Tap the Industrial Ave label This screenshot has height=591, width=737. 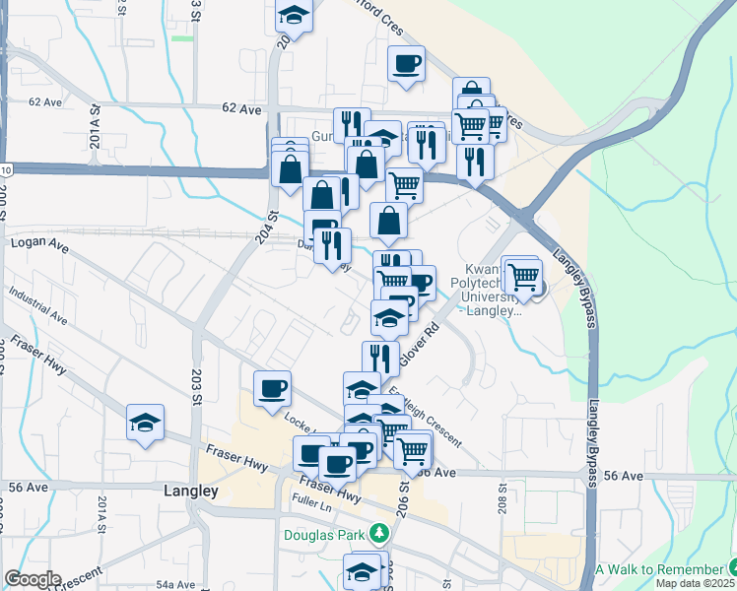37,305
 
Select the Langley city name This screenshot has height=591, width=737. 190,490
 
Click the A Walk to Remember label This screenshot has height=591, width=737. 659,570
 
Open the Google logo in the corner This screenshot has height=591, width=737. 33,579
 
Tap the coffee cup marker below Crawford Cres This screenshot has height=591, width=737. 406,66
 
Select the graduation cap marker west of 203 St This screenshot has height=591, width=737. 146,423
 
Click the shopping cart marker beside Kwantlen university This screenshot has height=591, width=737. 522,275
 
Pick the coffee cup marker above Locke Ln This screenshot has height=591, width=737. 272,388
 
